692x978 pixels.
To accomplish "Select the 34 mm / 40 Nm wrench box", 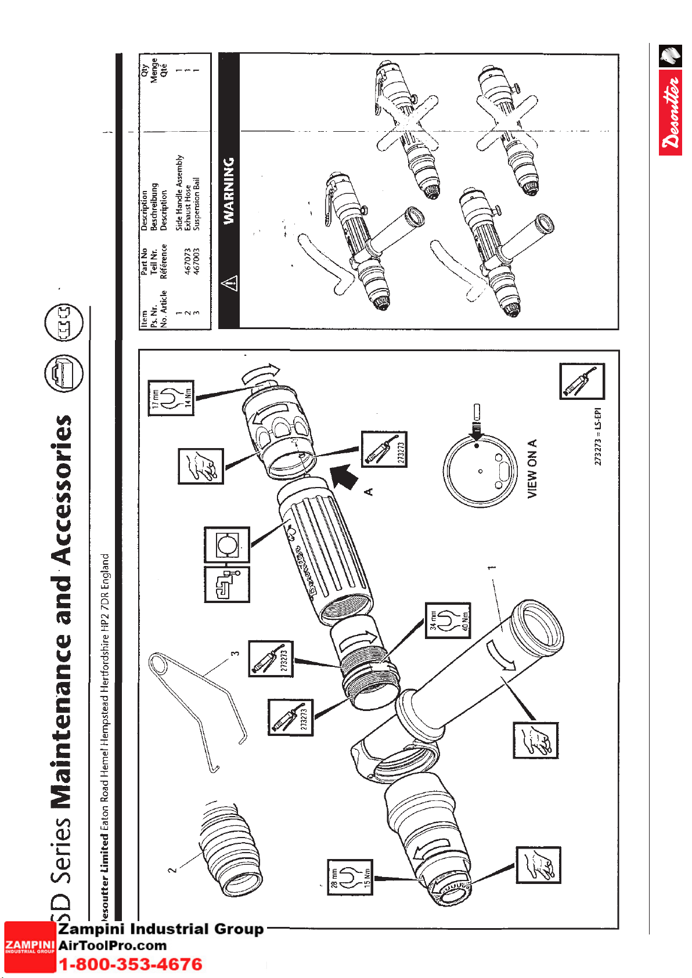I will [447, 620].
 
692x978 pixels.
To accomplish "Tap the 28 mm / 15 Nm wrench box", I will [349, 876].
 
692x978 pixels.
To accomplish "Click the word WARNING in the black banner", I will [229, 190].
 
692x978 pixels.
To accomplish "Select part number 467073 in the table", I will [187, 261].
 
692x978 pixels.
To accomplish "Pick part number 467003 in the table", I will [196, 261].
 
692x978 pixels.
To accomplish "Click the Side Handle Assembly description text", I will [179, 193].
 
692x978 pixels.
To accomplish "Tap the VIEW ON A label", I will [532, 468].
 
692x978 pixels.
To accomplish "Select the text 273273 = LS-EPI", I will [598, 436].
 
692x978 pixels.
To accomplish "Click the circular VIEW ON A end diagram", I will [480, 470].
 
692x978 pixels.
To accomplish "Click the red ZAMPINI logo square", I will [30, 946].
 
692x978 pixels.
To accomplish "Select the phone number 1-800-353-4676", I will [131, 965].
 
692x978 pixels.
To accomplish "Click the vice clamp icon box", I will [227, 584].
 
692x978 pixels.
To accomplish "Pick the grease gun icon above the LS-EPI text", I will [582, 381].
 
